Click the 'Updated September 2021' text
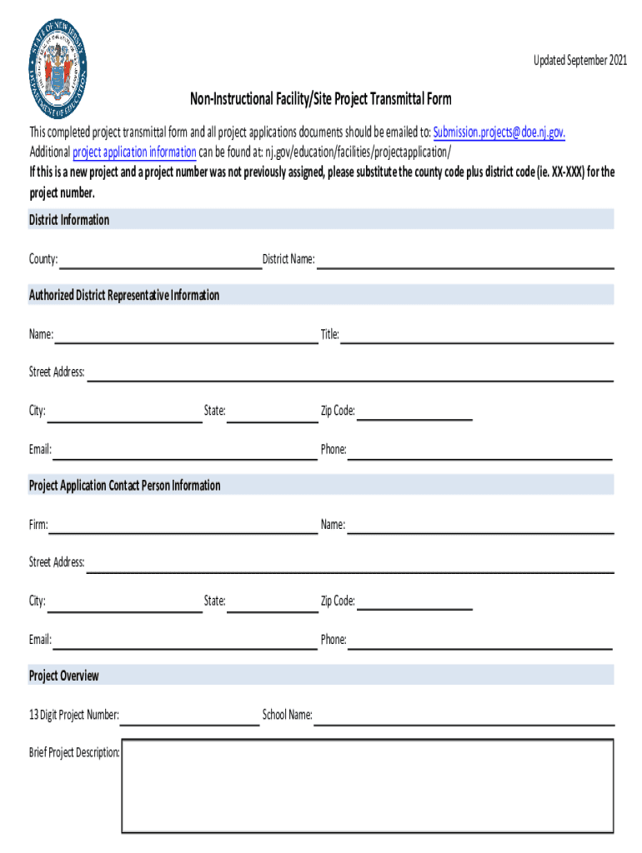coord(580,62)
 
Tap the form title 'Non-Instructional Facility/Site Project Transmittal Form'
coord(321,100)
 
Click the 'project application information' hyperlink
coord(134,152)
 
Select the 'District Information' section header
coord(69,220)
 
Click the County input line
coord(160,261)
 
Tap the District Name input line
coord(465,261)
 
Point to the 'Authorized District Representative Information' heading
coord(124,296)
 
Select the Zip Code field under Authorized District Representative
coord(414,412)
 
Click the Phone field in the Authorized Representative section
coord(479,451)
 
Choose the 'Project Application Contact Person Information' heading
coord(125,486)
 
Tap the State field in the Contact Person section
coord(273,602)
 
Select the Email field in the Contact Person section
coord(184,641)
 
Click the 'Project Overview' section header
coord(64,676)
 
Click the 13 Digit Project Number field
coord(190,716)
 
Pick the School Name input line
coord(464,716)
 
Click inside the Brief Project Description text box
coord(368,786)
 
